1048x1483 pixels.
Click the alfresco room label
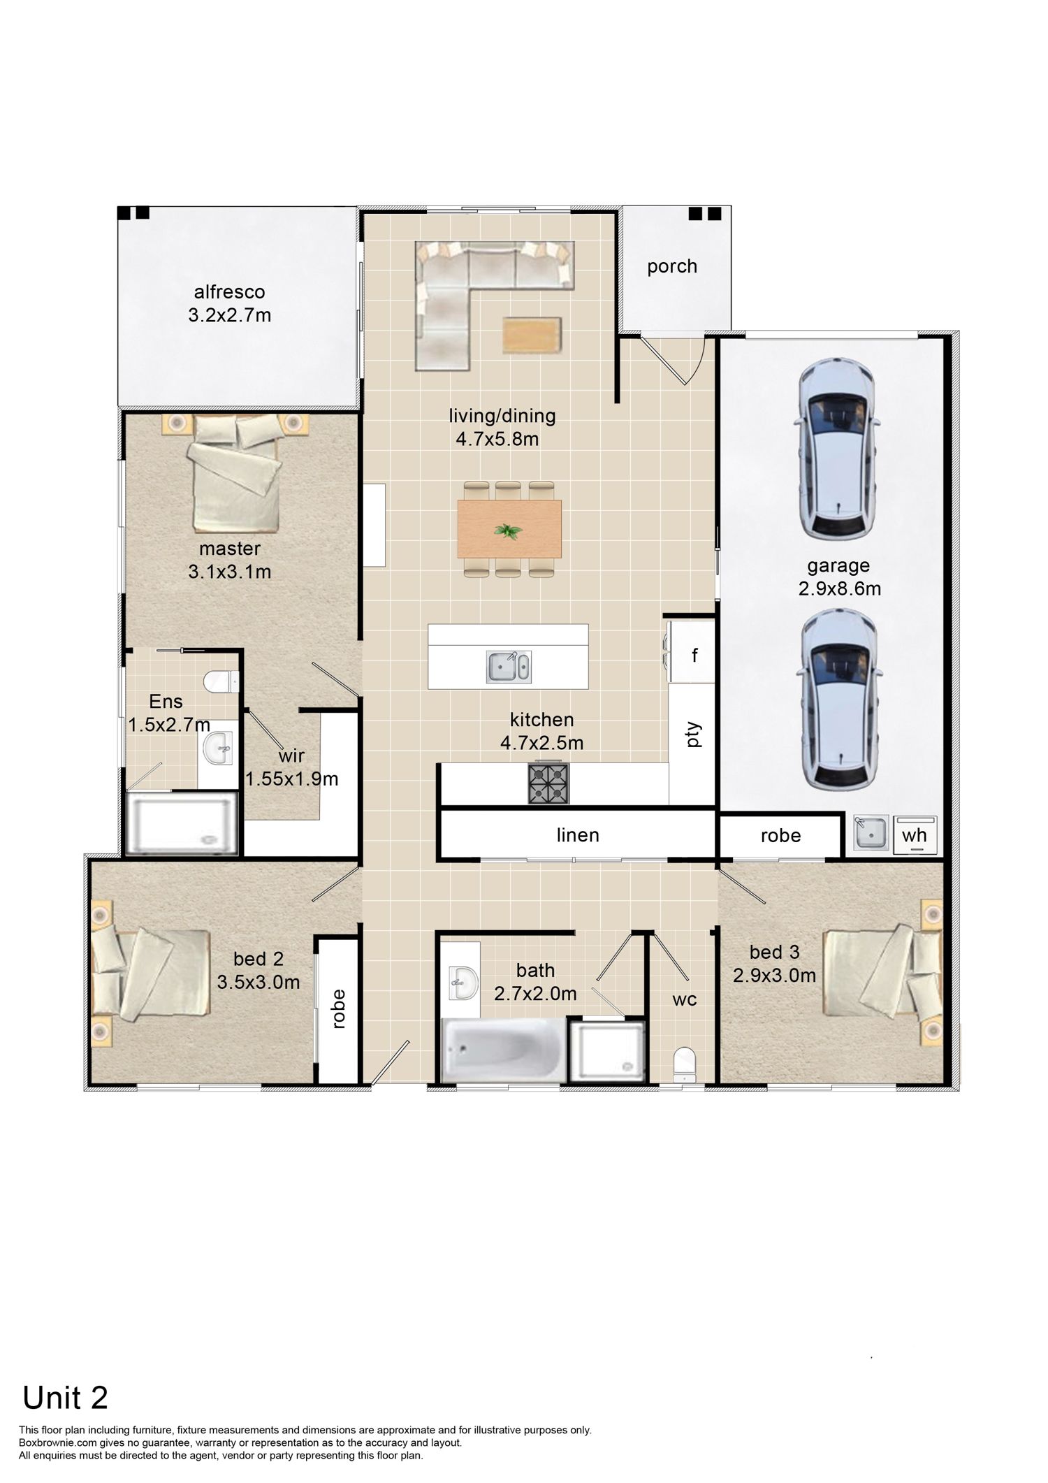[230, 291]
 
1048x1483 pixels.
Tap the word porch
[672, 266]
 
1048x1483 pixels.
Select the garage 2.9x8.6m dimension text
[840, 588]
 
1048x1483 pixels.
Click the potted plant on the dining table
[508, 532]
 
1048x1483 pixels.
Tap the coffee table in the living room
[532, 335]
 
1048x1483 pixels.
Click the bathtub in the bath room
[505, 1050]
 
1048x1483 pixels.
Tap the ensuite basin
[217, 748]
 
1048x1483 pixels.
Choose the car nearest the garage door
[836, 449]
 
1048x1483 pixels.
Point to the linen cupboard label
[578, 835]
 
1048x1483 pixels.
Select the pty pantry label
[693, 735]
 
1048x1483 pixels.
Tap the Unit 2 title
[66, 1378]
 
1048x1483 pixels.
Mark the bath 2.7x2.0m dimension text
[536, 993]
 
